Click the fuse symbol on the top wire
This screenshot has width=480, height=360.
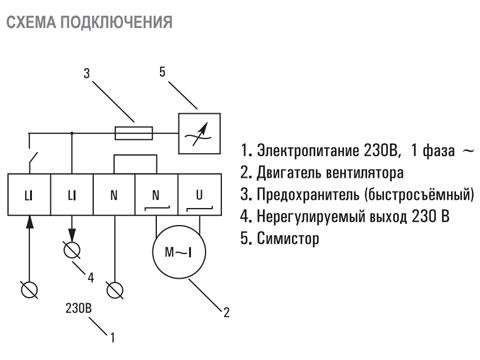click(x=134, y=133)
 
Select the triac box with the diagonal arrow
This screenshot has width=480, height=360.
click(x=199, y=133)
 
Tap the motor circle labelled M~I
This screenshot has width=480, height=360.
click(x=179, y=252)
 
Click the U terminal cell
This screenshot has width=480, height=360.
click(x=199, y=195)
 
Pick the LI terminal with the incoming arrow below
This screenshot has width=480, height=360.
click(x=29, y=195)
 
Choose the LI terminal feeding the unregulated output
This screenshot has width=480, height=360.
click(x=72, y=195)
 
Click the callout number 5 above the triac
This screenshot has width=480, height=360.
click(x=162, y=72)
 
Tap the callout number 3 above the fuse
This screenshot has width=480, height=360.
click(x=87, y=73)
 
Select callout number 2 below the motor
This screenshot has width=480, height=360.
click(x=226, y=312)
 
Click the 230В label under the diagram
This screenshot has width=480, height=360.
click(x=78, y=308)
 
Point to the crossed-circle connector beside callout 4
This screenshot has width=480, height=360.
click(x=72, y=250)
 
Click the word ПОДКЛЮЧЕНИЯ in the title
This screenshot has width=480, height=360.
click(x=116, y=22)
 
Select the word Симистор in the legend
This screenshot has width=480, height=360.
click(x=288, y=238)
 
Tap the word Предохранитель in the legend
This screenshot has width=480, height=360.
click(x=309, y=195)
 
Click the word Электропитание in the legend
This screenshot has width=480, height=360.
click(x=308, y=151)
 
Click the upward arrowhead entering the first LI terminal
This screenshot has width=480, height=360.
click(x=29, y=222)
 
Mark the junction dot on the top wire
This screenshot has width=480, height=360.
click(x=72, y=133)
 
